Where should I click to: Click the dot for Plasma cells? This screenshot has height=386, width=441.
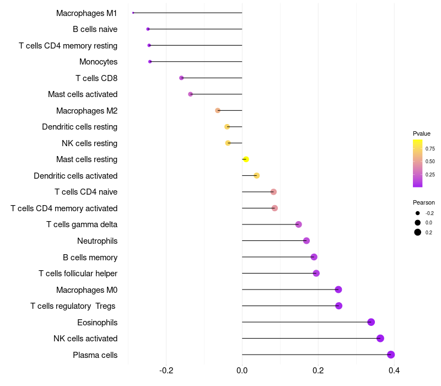point(391,355)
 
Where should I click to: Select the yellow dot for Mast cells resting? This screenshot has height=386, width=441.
point(246,159)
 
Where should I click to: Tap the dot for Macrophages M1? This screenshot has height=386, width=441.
point(133,13)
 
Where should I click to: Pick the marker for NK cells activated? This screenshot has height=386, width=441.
point(380,339)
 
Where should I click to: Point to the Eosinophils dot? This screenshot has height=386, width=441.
point(371,322)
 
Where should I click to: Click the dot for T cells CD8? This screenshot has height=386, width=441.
point(181,78)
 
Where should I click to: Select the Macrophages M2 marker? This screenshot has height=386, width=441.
point(218,110)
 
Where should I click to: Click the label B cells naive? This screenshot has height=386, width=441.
point(95,29)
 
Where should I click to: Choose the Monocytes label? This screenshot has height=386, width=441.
point(98,62)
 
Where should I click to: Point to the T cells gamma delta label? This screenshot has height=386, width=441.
point(82,224)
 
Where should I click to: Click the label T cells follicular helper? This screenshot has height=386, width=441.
point(78,274)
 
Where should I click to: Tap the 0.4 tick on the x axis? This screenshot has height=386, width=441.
point(394,370)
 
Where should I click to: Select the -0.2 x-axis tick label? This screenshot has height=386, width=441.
point(166,370)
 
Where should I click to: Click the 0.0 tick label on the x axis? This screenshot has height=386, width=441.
point(242,370)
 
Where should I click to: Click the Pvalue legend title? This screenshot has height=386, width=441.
point(422,133)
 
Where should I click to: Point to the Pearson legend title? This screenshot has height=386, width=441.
point(423,202)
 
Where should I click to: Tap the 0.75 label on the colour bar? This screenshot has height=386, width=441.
point(430,148)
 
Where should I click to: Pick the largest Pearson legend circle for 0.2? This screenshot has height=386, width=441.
point(418,232)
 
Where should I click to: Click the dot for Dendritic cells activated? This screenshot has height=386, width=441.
point(256,175)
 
